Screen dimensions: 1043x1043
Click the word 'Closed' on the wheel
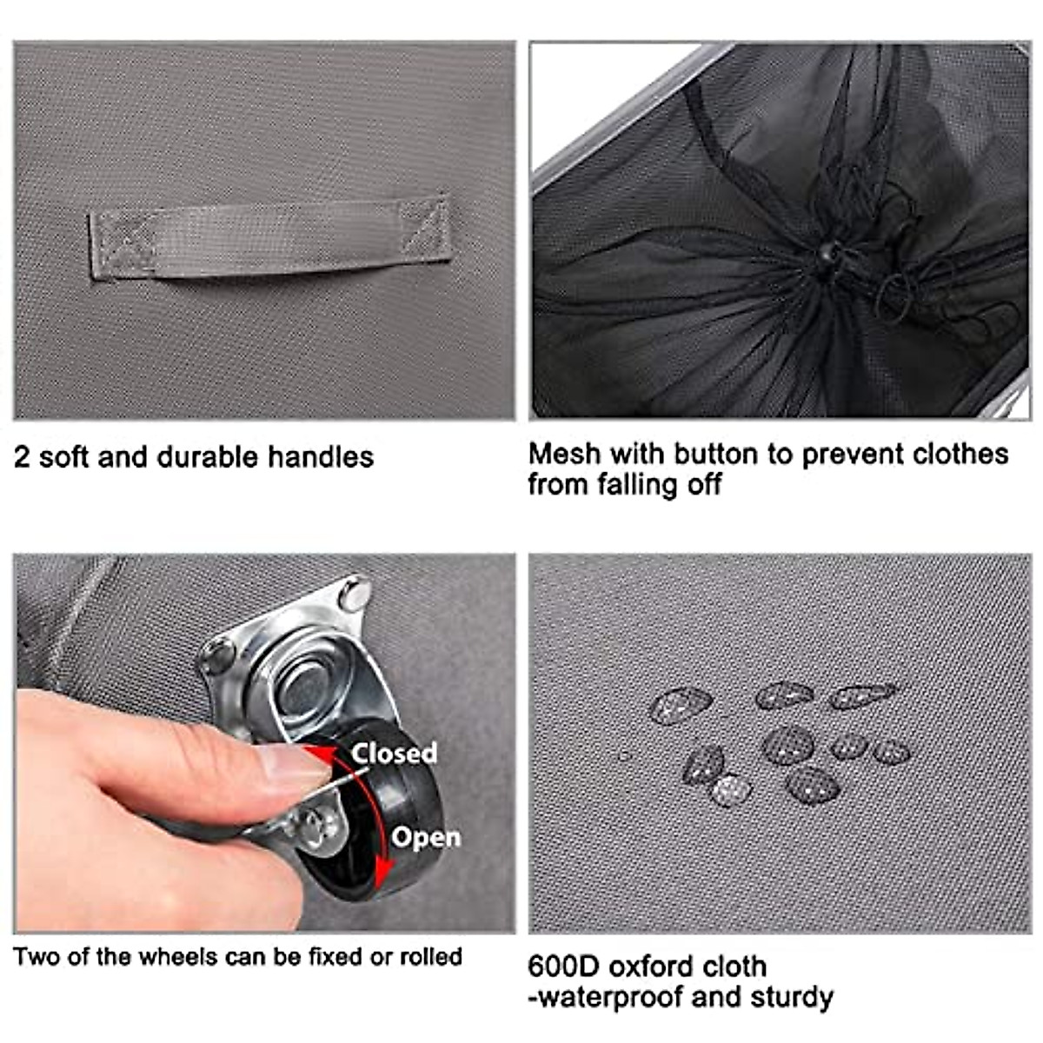394,753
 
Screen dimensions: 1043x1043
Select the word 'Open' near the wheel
425,837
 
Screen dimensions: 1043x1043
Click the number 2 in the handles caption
22,458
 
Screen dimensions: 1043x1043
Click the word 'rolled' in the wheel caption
430,957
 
